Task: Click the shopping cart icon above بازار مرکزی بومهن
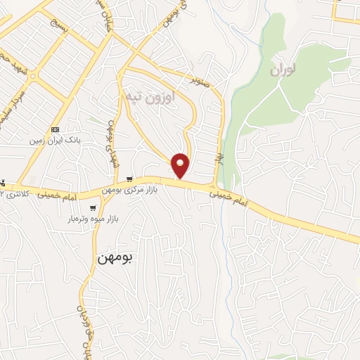click(x=128, y=179)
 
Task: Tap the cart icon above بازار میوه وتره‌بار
click(x=94, y=208)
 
